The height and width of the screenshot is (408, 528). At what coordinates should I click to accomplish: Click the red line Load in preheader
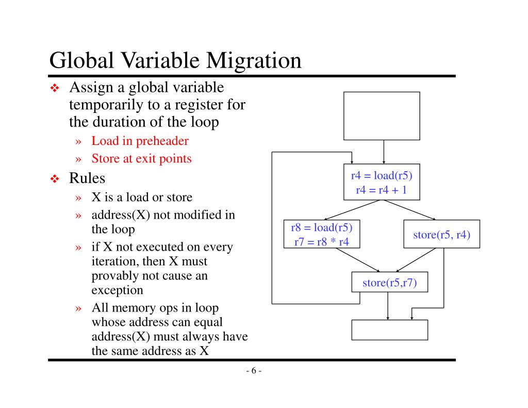tap(140, 141)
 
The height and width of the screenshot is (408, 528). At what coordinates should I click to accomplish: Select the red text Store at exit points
tap(141, 158)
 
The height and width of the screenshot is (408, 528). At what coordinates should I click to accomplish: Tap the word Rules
tap(87, 178)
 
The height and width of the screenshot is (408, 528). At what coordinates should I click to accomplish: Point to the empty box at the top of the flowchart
tap(382, 116)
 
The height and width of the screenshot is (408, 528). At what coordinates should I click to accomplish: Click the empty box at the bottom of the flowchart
tap(389, 330)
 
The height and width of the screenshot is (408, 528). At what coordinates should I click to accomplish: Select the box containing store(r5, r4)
tap(441, 234)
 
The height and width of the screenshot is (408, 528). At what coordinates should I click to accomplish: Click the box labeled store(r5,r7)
tap(389, 282)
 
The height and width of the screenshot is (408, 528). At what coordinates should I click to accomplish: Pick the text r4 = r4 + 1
tap(382, 190)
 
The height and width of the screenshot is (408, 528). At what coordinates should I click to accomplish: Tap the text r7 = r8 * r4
tap(321, 241)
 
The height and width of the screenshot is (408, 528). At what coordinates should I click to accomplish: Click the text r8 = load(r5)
tap(321, 227)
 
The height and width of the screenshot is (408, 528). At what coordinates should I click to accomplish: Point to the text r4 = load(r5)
tap(382, 175)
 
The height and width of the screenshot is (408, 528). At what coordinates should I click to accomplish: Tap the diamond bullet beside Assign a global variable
tap(55, 89)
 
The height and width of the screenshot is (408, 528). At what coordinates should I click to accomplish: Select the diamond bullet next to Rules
tap(55, 179)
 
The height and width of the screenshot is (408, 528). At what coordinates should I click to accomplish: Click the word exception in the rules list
tap(117, 290)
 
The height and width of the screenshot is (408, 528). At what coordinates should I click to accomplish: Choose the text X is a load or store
tap(142, 197)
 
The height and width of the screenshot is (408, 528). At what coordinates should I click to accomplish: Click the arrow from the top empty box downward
tap(383, 152)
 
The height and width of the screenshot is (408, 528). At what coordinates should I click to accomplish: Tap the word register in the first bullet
tap(200, 105)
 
